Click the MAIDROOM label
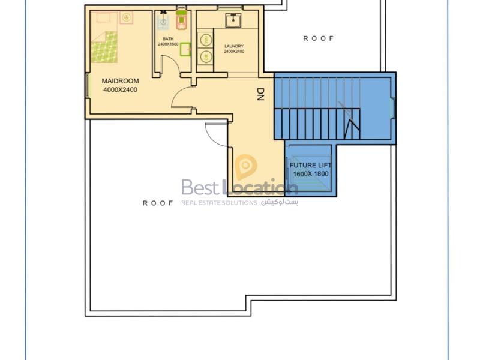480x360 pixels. [x=120, y=81]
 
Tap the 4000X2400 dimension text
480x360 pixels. [x=120, y=90]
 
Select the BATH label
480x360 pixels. [x=168, y=39]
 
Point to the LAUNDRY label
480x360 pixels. [x=234, y=46]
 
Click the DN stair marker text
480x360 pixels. [x=260, y=94]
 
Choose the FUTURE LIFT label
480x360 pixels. [x=310, y=166]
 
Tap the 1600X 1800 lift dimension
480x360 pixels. [x=310, y=174]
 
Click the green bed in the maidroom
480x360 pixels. [x=104, y=47]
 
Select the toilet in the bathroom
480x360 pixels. [x=182, y=20]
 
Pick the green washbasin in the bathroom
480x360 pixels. [x=185, y=49]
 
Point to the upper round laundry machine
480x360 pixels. [x=205, y=40]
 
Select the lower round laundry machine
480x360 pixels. [x=205, y=56]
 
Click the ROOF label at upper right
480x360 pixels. [x=319, y=38]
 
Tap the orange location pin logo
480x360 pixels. [x=246, y=167]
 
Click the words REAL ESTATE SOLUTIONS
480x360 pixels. [x=219, y=203]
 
